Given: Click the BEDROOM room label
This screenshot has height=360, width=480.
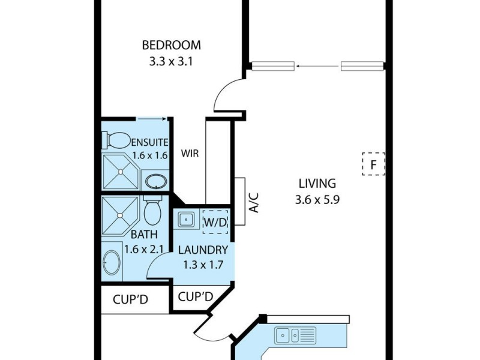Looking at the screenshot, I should tap(171, 45).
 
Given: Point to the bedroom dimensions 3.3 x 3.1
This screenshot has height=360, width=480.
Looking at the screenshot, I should tap(171, 61).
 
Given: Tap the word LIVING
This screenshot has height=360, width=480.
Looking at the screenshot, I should tap(316, 184).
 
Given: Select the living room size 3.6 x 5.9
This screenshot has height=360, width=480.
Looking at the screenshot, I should tap(317, 201).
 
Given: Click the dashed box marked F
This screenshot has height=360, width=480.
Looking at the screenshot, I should tap(373, 163).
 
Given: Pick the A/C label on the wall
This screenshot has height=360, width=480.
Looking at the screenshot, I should tap(254, 203).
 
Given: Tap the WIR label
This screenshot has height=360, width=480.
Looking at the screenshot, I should tap(190, 153).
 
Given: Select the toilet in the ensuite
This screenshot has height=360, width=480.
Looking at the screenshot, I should tap(118, 140).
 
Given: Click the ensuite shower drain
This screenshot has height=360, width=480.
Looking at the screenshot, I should tap(120, 172).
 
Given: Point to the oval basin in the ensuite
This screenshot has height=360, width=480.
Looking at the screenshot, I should tap(156, 181).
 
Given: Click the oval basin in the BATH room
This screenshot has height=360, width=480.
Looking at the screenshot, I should tap(112, 262).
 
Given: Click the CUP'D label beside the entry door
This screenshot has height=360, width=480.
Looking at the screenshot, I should tap(196, 296).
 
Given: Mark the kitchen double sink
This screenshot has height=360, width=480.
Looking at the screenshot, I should tap(295, 335).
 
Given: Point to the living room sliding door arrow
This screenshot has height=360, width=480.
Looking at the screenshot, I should tap(317, 66).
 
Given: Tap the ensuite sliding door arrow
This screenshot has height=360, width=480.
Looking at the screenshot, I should tap(151, 119).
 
